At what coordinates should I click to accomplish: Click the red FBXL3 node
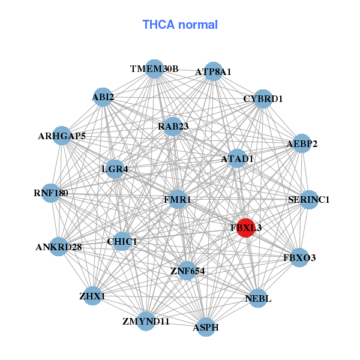pyautogui.click(x=245, y=228)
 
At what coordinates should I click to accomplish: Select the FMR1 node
pyautogui.click(x=178, y=199)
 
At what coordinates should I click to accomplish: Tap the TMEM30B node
pyautogui.click(x=155, y=69)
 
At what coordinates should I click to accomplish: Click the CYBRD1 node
pyautogui.click(x=263, y=98)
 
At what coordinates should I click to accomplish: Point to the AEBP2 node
pyautogui.click(x=302, y=144)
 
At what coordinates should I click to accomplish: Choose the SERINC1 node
pyautogui.click(x=308, y=199)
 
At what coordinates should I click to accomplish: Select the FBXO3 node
pyautogui.click(x=299, y=257)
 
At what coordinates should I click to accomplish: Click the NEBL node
pyautogui.click(x=259, y=298)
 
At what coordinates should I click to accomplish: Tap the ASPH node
pyautogui.click(x=206, y=327)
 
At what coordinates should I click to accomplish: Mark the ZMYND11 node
pyautogui.click(x=146, y=321)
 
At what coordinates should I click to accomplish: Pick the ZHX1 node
pyautogui.click(x=92, y=296)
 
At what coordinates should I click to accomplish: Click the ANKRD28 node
pyautogui.click(x=59, y=246)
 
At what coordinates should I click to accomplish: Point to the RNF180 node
pyautogui.click(x=51, y=193)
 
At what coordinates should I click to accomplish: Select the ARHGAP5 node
pyautogui.click(x=62, y=136)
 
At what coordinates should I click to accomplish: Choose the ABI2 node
pyautogui.click(x=103, y=97)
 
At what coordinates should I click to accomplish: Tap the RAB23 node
pyautogui.click(x=173, y=126)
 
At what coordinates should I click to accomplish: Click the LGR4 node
pyautogui.click(x=115, y=169)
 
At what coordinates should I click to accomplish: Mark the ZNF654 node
pyautogui.click(x=187, y=271)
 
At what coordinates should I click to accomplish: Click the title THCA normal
pyautogui.click(x=180, y=25)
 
